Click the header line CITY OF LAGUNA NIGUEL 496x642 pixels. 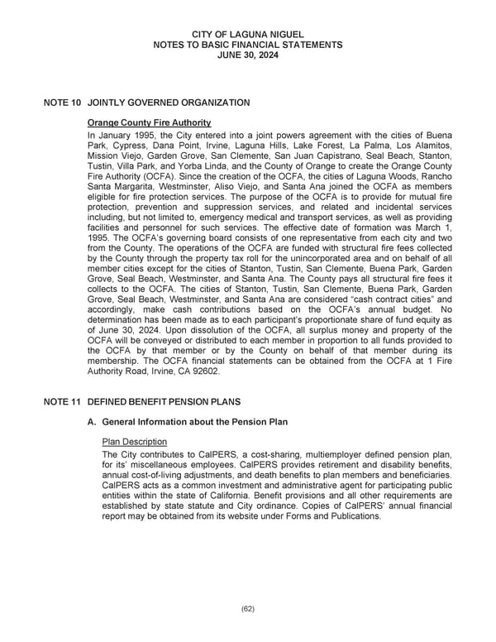point(248,32)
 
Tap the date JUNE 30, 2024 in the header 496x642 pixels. point(248,54)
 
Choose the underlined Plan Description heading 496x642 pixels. point(133,442)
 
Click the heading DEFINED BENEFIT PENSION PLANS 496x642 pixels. point(164,401)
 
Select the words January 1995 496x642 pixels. point(124,134)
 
